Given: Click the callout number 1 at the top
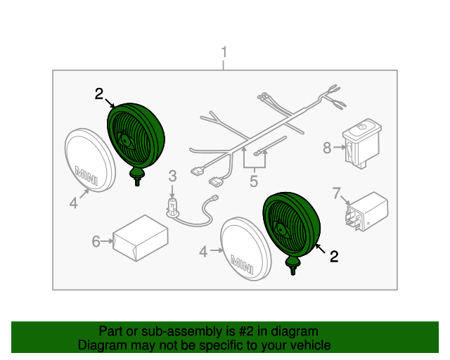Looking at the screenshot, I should click(224, 52).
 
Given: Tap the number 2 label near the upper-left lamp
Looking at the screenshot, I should click(98, 94).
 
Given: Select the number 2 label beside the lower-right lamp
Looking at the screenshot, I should click(333, 257).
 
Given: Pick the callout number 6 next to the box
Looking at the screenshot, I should click(96, 242).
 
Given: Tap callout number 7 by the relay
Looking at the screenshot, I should click(336, 192).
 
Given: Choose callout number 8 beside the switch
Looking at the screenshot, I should click(326, 148).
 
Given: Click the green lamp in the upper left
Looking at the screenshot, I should click(137, 136).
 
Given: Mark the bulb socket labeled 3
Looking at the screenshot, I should click(170, 207).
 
